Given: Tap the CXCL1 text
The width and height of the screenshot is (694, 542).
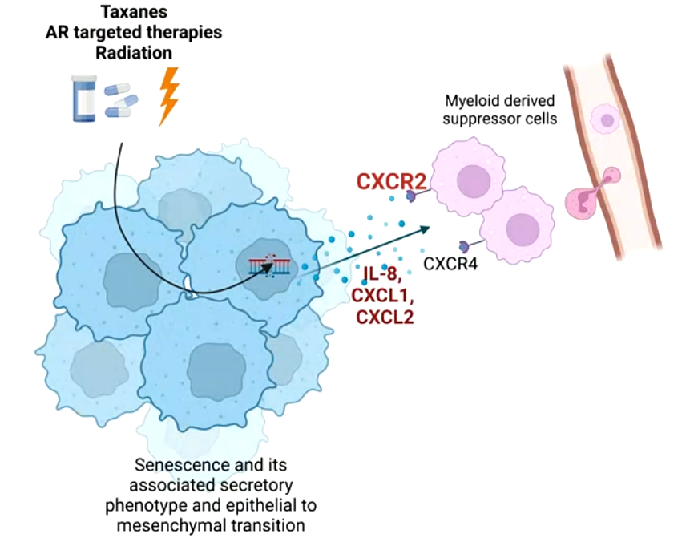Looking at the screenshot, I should point(383,296).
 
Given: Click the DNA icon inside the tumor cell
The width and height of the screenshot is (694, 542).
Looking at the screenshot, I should point(268,265).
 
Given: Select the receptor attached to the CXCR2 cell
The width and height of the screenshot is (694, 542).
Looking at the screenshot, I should point(411,196).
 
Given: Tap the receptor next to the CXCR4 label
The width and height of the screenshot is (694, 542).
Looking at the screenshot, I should point(463,245).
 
